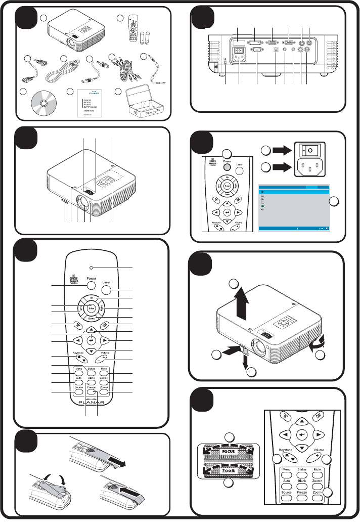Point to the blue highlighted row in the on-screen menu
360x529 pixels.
293,192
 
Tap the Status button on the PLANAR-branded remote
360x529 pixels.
91,370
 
